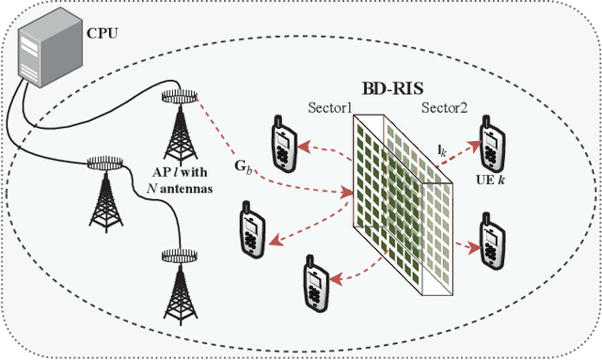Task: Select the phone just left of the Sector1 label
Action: (282, 140)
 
